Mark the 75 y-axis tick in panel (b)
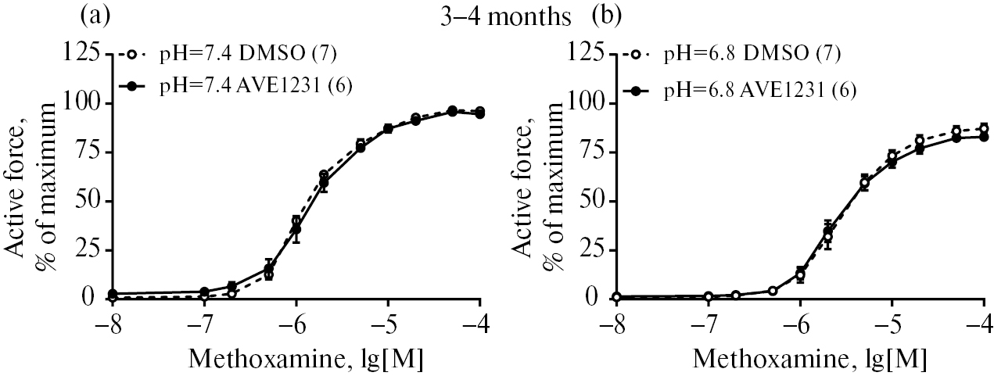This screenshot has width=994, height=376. (x=591, y=152)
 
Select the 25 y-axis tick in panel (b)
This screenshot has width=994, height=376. (x=591, y=250)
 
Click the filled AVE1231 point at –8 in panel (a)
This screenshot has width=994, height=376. (x=113, y=293)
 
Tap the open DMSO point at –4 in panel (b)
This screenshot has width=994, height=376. (x=983, y=129)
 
